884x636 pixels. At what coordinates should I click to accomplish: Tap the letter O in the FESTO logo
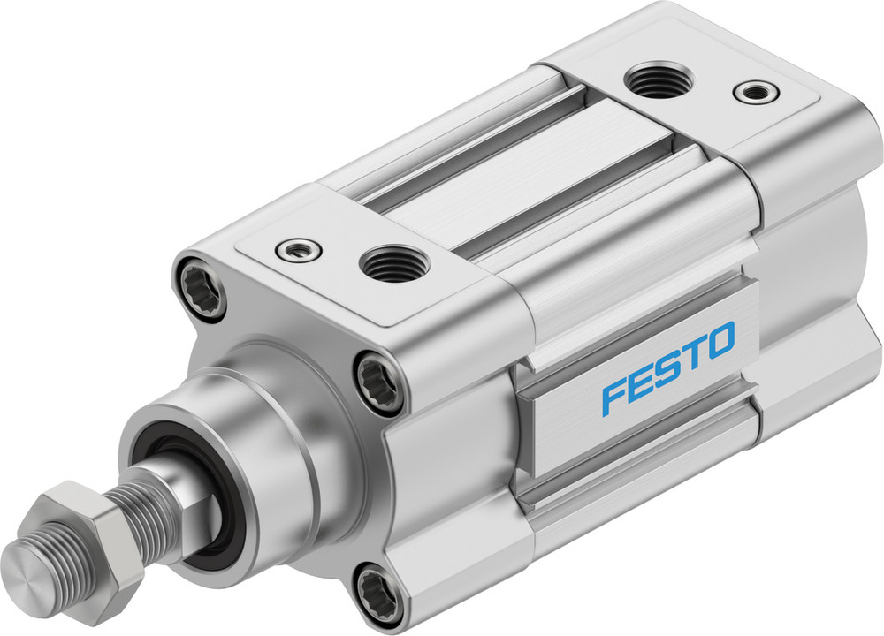tap(719, 340)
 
